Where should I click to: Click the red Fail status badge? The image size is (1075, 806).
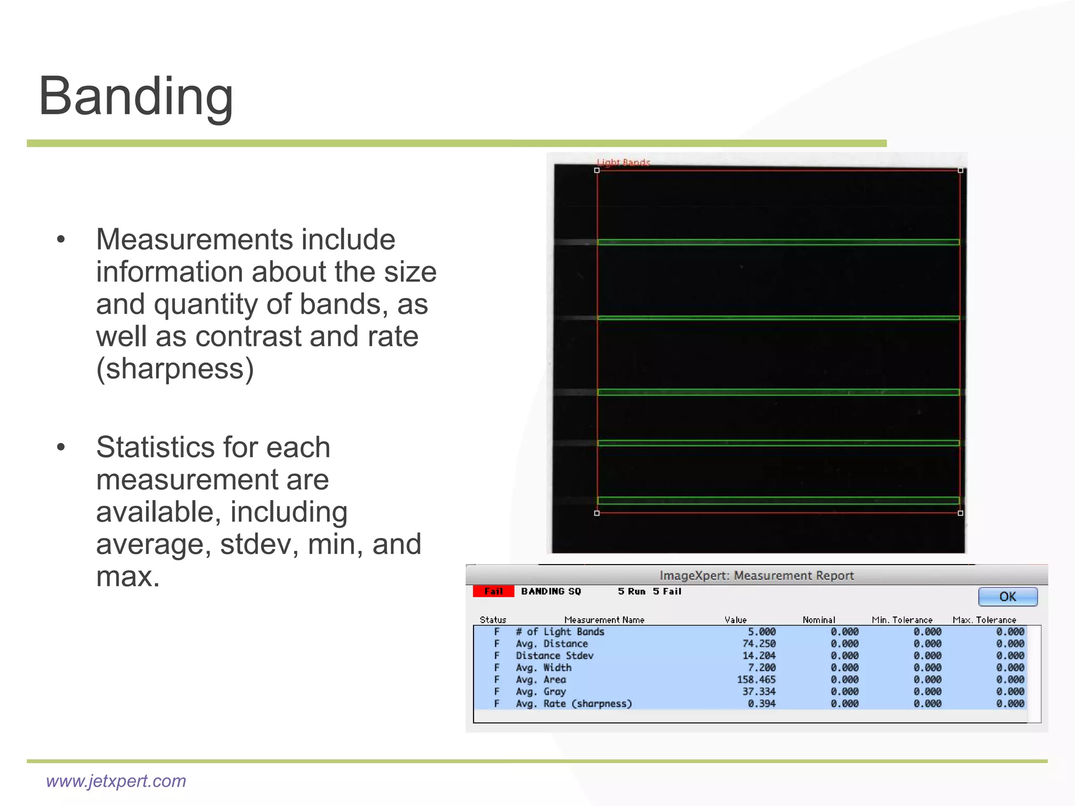coord(493,591)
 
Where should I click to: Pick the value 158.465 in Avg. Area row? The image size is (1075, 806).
coord(756,680)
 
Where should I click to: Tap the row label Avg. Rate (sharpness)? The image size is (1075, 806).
coord(573,704)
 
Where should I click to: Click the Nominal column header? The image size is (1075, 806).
coord(818,620)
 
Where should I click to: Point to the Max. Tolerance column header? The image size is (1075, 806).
coord(984,620)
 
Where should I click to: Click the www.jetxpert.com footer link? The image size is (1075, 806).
coord(116,781)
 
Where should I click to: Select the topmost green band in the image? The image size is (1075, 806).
coord(778,242)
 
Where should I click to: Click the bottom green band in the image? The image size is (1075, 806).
coord(778,500)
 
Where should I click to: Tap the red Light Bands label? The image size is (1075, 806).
coord(623,163)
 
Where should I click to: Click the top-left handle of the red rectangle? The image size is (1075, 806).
coord(597,170)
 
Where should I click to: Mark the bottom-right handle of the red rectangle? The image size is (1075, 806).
coord(961,513)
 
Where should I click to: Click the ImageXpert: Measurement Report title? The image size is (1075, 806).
coord(756,576)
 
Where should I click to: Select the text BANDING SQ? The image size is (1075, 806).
coord(551,591)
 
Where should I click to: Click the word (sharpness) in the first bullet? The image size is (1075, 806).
coord(175,368)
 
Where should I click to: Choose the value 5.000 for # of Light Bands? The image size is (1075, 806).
coord(761,632)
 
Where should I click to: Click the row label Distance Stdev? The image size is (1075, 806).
coord(554,656)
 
